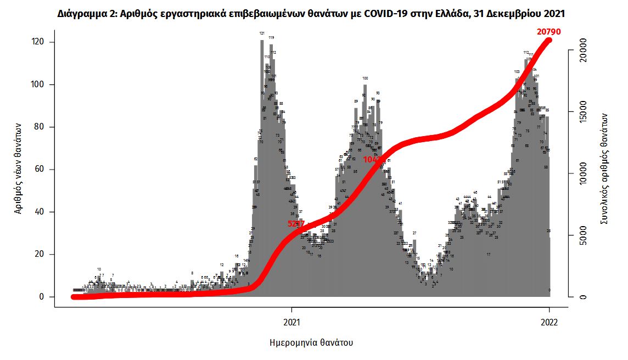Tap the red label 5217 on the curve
pyautogui.click(x=296, y=223)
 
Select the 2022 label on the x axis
pyautogui.click(x=549, y=322)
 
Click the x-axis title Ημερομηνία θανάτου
pyautogui.click(x=311, y=342)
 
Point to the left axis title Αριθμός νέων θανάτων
pyautogui.click(x=19, y=170)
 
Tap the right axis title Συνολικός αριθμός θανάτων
pyautogui.click(x=604, y=167)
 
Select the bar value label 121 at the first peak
pyautogui.click(x=262, y=33)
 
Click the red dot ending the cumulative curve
pyautogui.click(x=549, y=40)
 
